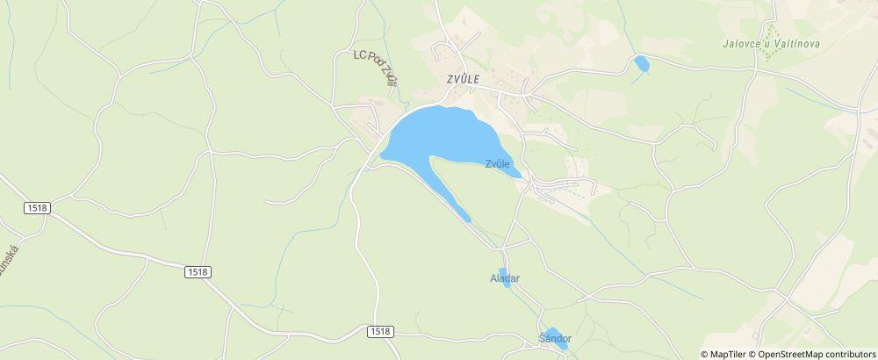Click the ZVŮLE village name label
tap(463, 78)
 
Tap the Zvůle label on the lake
tap(498, 164)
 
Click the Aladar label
tap(505, 278)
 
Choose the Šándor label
tap(555, 338)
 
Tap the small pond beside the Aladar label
tap(504, 276)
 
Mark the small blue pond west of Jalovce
tap(642, 63)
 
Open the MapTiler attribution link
tap(728, 354)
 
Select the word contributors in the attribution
tap(848, 354)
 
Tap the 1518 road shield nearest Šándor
tap(380, 331)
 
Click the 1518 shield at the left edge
tap(38, 207)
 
